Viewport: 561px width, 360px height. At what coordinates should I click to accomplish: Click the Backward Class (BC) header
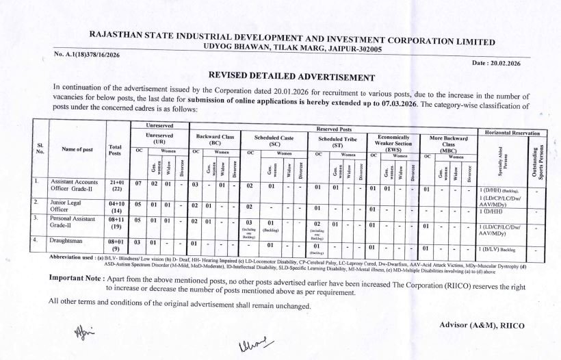(x=215, y=141)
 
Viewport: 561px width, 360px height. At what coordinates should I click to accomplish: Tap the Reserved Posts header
(x=335, y=129)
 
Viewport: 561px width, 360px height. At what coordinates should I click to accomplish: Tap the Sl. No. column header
(x=40, y=149)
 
